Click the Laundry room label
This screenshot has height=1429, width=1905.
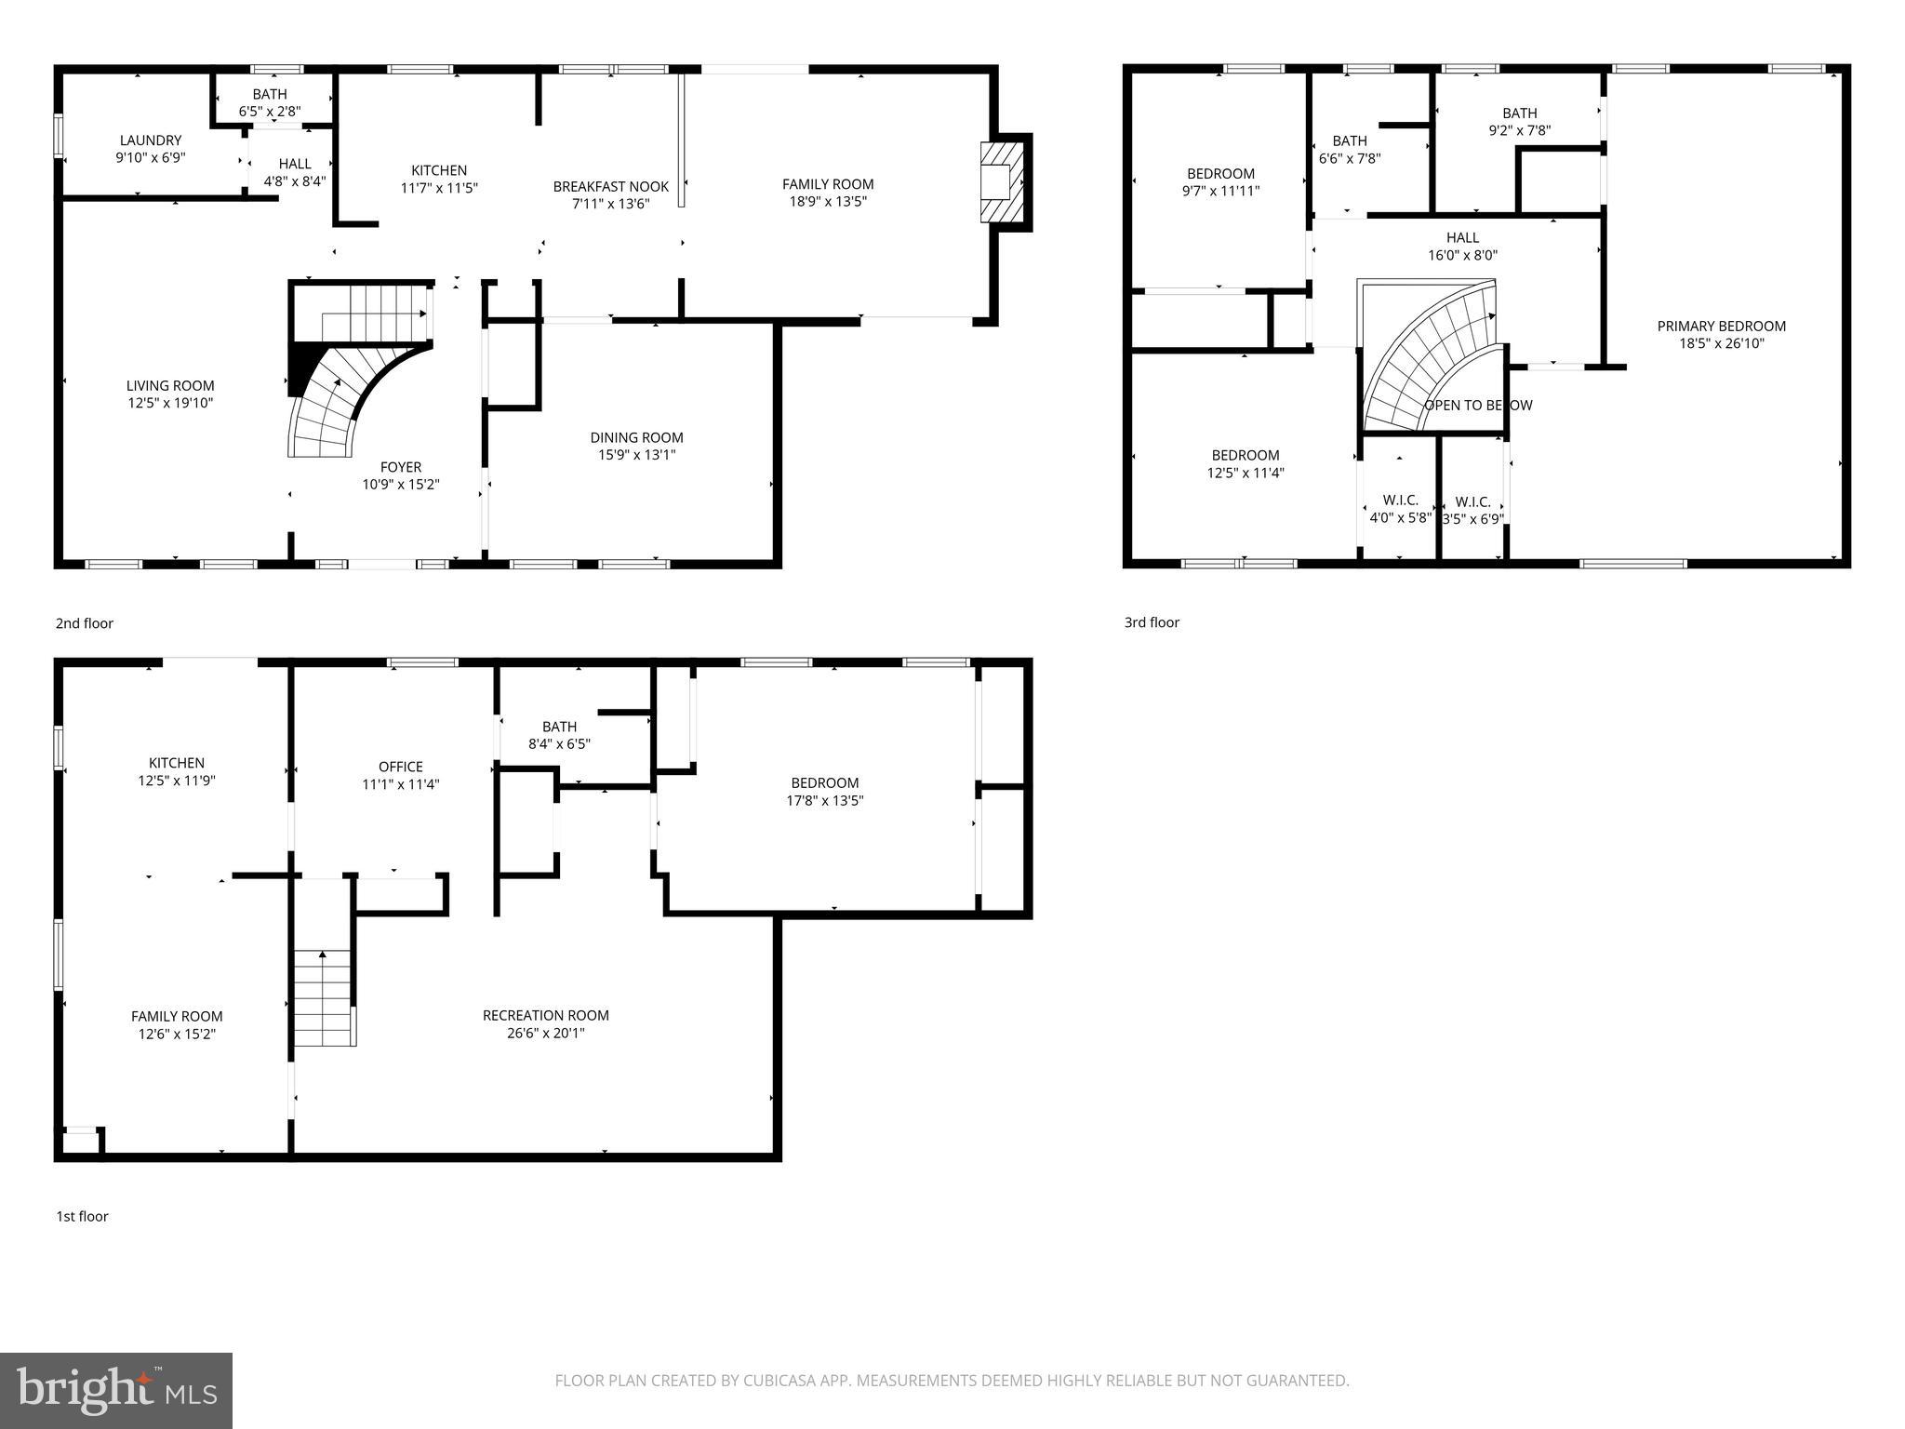(150, 141)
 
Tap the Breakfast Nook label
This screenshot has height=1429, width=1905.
(610, 187)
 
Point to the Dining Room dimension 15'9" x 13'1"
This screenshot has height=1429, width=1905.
(636, 455)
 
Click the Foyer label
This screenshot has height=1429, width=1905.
(400, 467)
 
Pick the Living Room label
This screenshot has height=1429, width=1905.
(170, 386)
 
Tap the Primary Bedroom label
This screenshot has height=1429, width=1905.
(1721, 327)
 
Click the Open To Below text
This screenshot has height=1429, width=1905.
(1477, 406)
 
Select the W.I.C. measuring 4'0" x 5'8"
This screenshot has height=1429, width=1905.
(1400, 510)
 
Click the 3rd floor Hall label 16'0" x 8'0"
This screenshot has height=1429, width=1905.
(1462, 238)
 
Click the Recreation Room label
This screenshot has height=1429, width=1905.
(545, 1016)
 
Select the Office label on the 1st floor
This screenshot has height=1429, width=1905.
(400, 767)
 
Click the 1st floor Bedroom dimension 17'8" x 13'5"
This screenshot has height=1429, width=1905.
(824, 800)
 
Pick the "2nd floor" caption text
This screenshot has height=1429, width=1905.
(85, 623)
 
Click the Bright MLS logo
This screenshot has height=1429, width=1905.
(115, 1390)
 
